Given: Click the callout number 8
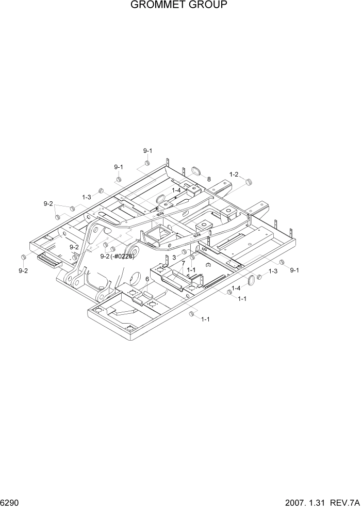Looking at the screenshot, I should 209,179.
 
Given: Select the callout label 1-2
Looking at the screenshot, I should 234,174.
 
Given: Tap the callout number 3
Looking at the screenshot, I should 175,257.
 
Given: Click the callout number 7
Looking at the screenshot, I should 182,264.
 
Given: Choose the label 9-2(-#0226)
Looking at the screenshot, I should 117,257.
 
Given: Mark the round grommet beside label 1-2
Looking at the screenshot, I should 249,182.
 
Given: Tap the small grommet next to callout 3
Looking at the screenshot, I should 184,252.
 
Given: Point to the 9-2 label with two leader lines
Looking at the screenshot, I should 48,204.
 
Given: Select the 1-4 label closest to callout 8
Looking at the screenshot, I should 176,190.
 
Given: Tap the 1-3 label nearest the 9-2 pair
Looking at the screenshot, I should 87,197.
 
